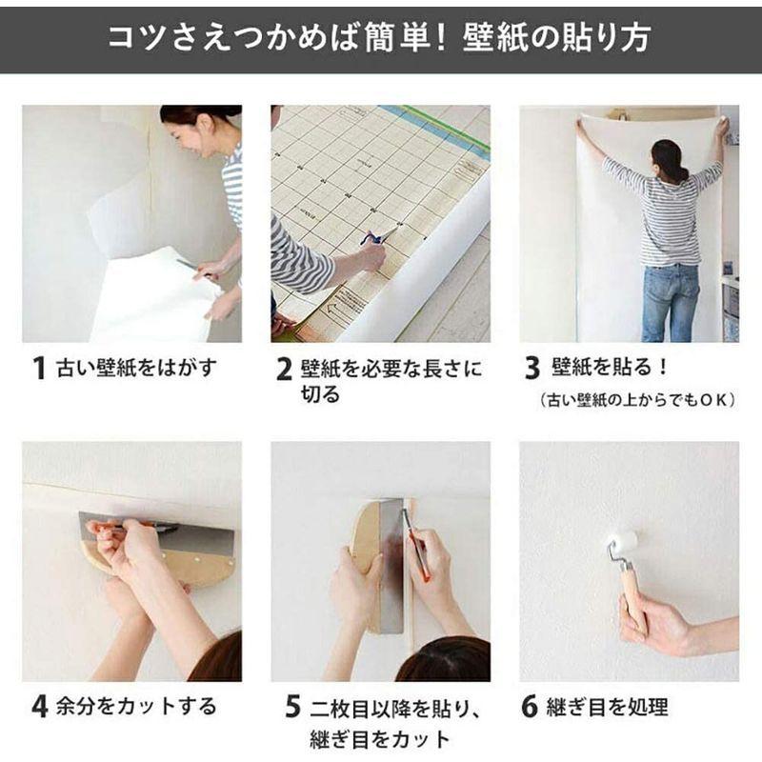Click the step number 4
pyautogui.click(x=39, y=707)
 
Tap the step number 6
pyautogui.click(x=531, y=707)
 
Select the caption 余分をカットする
pyautogui.click(x=136, y=707)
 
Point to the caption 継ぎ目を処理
pyautogui.click(x=607, y=707)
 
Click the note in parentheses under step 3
pyautogui.click(x=637, y=400)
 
